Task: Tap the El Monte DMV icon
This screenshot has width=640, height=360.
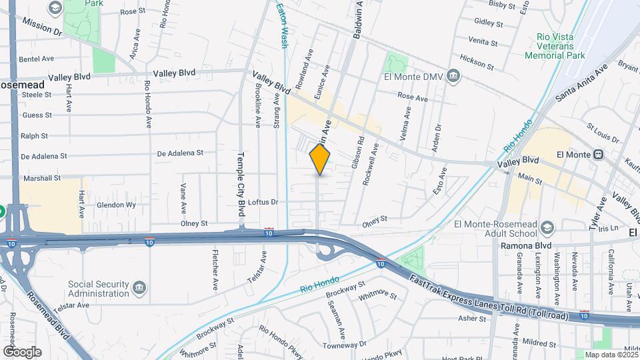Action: coord(454,75)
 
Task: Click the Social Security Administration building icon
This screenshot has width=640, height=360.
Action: coord(139,289)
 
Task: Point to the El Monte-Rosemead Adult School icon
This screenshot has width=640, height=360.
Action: coord(547,227)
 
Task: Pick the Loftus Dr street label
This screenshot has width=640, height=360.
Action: coord(263,201)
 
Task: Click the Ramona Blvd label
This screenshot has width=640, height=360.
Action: coord(526,245)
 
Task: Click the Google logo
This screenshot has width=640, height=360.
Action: coord(22,351)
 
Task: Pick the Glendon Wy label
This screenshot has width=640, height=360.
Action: coord(117,205)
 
